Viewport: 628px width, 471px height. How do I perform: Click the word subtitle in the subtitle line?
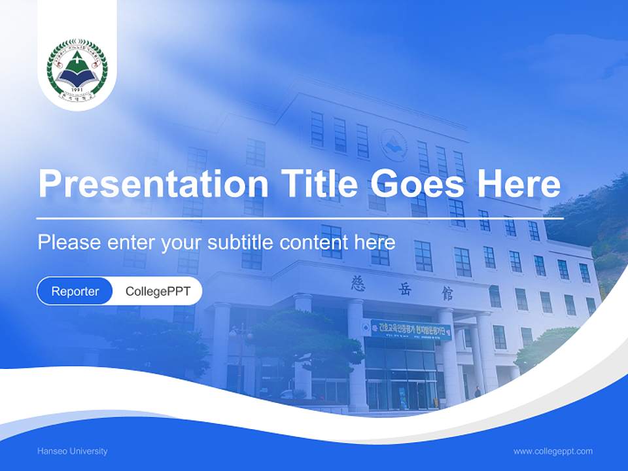241,243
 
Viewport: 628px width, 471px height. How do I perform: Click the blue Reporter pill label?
75,291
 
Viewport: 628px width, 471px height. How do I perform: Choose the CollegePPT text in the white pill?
158,291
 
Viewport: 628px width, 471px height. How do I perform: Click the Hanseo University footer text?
73,451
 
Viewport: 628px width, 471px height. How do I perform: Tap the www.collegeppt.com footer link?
553,451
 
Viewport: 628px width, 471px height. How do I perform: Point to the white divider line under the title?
300,218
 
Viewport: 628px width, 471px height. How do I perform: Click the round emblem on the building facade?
394,145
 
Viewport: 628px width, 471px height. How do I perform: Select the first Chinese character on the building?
358,283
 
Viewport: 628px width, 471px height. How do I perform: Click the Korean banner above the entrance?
411,329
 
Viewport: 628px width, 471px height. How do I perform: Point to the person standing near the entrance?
478,391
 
